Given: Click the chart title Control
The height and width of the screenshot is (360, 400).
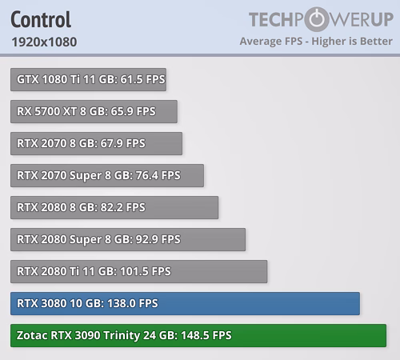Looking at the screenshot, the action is pyautogui.click(x=41, y=19).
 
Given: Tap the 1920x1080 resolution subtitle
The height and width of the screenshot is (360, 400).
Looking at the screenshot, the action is pyautogui.click(x=44, y=42).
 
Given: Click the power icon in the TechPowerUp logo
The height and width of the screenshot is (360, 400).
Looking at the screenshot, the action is pyautogui.click(x=317, y=19).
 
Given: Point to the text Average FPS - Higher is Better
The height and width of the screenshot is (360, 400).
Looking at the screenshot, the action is pyautogui.click(x=316, y=42).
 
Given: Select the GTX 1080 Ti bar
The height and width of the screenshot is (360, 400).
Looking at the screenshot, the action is pyautogui.click(x=88, y=79).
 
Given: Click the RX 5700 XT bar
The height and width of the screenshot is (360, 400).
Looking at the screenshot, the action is pyautogui.click(x=94, y=111).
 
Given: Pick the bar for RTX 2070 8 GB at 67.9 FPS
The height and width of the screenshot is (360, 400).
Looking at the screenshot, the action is pyautogui.click(x=96, y=143).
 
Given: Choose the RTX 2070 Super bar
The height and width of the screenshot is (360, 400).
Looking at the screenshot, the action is pyautogui.click(x=107, y=175).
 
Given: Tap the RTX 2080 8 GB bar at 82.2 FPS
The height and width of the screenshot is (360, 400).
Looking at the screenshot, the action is pyautogui.click(x=114, y=207).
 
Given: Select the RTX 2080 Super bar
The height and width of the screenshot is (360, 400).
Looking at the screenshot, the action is pyautogui.click(x=128, y=239).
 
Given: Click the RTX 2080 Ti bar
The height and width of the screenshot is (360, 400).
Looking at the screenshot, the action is pyautogui.click(x=138, y=271).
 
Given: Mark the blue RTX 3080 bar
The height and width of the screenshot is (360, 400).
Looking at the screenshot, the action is pyautogui.click(x=185, y=303).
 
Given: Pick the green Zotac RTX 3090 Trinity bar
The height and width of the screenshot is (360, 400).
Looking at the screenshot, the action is pyautogui.click(x=198, y=335).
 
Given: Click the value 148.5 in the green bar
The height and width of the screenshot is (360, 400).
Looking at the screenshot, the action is pyautogui.click(x=194, y=335).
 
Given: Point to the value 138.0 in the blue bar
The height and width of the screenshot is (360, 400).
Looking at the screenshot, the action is pyautogui.click(x=120, y=303).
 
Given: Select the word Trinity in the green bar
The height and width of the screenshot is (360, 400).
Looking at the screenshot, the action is pyautogui.click(x=122, y=336).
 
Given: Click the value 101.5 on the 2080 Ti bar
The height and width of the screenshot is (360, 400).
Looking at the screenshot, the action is pyautogui.click(x=134, y=271).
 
